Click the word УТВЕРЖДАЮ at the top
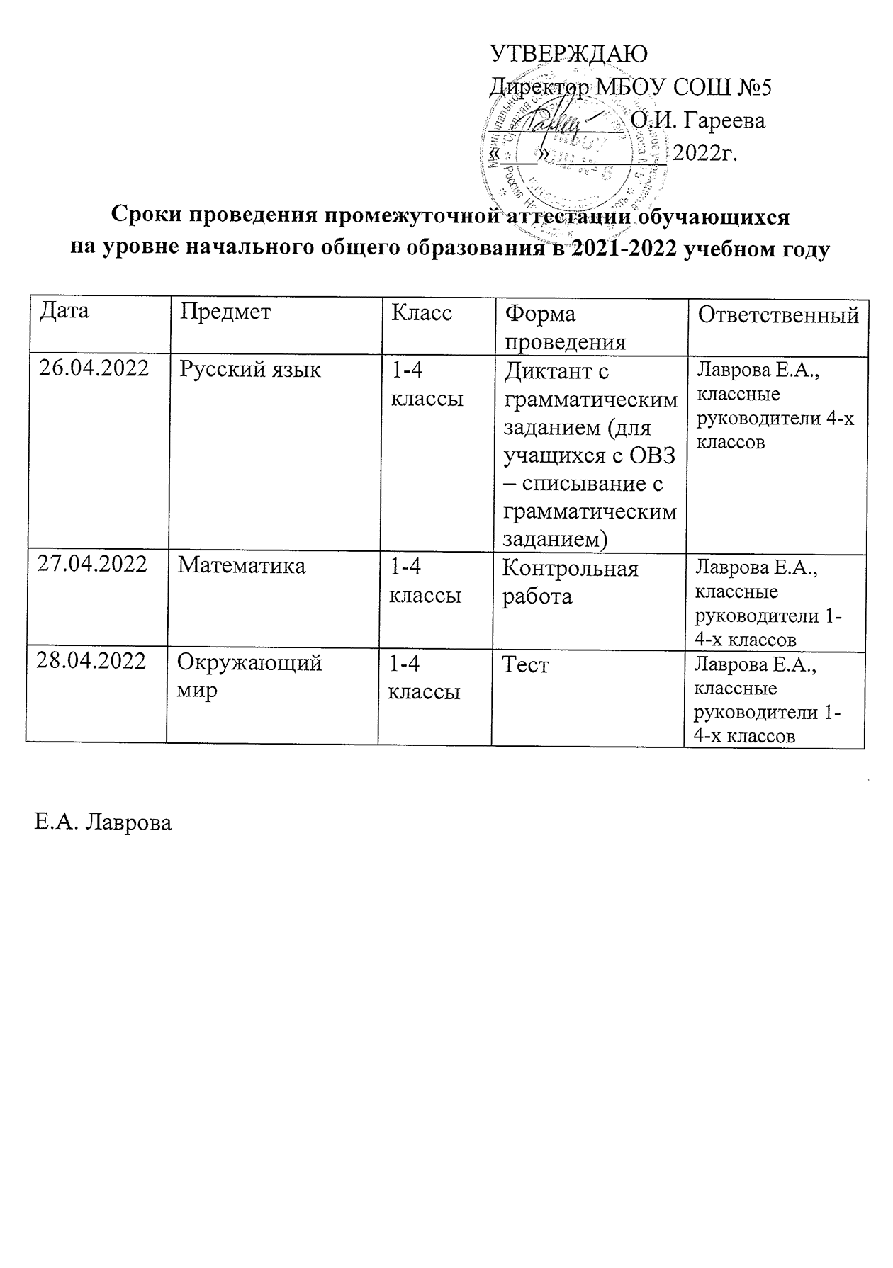tap(570, 55)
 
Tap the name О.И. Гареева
tap(698, 120)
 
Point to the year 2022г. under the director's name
tap(704, 153)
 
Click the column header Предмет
tap(225, 312)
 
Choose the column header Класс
tap(422, 312)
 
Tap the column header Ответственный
tap(778, 315)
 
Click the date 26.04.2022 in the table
tap(94, 369)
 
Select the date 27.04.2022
tap(92, 565)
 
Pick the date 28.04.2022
tap(91, 662)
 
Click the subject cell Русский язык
tap(249, 370)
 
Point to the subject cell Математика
tap(242, 565)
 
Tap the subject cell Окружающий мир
tap(249, 676)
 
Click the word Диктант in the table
tap(547, 371)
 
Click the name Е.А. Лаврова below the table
tap(103, 822)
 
